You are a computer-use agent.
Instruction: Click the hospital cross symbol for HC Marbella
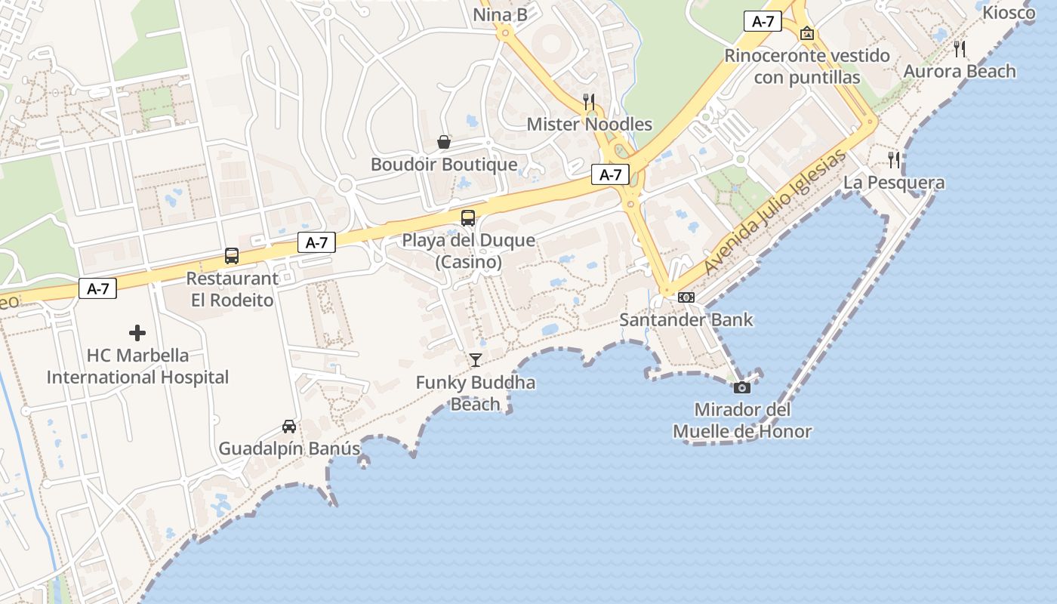point(137,332)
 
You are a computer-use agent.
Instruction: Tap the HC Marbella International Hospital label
point(137,366)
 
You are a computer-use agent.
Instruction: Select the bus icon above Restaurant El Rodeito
point(232,256)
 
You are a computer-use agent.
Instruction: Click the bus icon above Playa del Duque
point(468,218)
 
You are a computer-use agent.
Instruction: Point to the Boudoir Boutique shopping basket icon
point(444,142)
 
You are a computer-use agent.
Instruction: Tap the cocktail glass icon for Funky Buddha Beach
point(476,359)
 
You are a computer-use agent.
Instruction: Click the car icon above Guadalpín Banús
point(289,427)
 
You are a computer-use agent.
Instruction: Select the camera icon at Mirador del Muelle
point(742,387)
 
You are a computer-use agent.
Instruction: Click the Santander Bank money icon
point(686,297)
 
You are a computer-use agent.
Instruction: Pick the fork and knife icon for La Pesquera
point(895,160)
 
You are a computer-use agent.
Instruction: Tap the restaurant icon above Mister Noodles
point(589,102)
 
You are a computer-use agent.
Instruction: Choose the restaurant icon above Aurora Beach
point(960,49)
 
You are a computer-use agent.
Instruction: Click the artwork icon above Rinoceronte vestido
point(807,33)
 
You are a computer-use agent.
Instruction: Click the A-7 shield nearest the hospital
point(98,288)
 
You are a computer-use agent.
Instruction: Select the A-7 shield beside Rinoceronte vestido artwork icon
point(763,21)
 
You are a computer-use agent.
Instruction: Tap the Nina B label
point(500,14)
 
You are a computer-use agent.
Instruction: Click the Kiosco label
point(1009,13)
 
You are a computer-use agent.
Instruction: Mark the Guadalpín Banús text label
point(289,448)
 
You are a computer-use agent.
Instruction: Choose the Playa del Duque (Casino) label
point(468,251)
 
